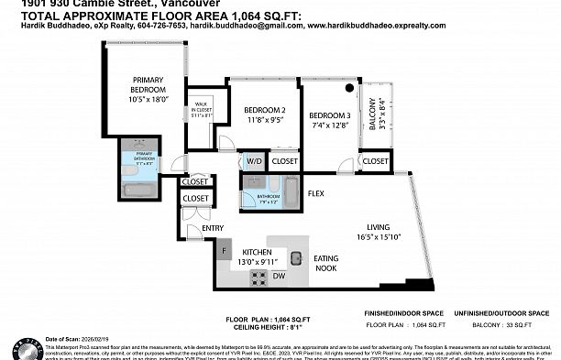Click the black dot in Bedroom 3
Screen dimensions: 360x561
[349, 89]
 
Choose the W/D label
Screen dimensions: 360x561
[254, 161]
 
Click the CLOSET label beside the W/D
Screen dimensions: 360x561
[284, 161]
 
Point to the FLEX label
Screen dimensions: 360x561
[316, 193]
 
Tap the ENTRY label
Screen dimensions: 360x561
[213, 228]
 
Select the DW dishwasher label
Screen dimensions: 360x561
[278, 275]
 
